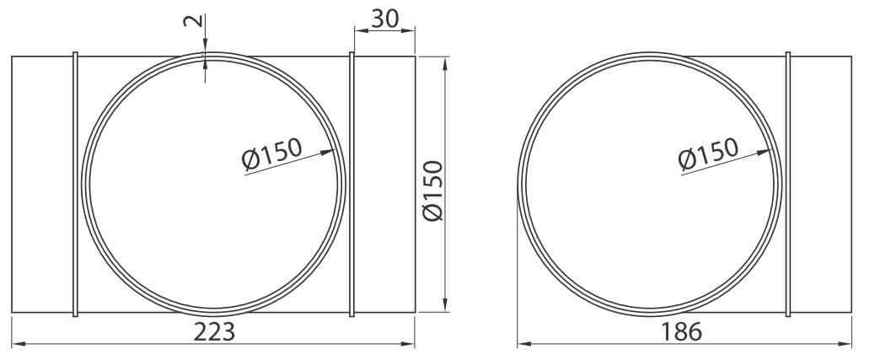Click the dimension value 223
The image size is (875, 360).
[214, 332]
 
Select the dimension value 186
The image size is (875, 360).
[681, 332]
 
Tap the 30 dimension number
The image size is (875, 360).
[385, 19]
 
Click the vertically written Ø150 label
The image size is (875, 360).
[433, 191]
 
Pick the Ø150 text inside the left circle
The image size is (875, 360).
[271, 153]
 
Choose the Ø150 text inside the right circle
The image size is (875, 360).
[708, 153]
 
